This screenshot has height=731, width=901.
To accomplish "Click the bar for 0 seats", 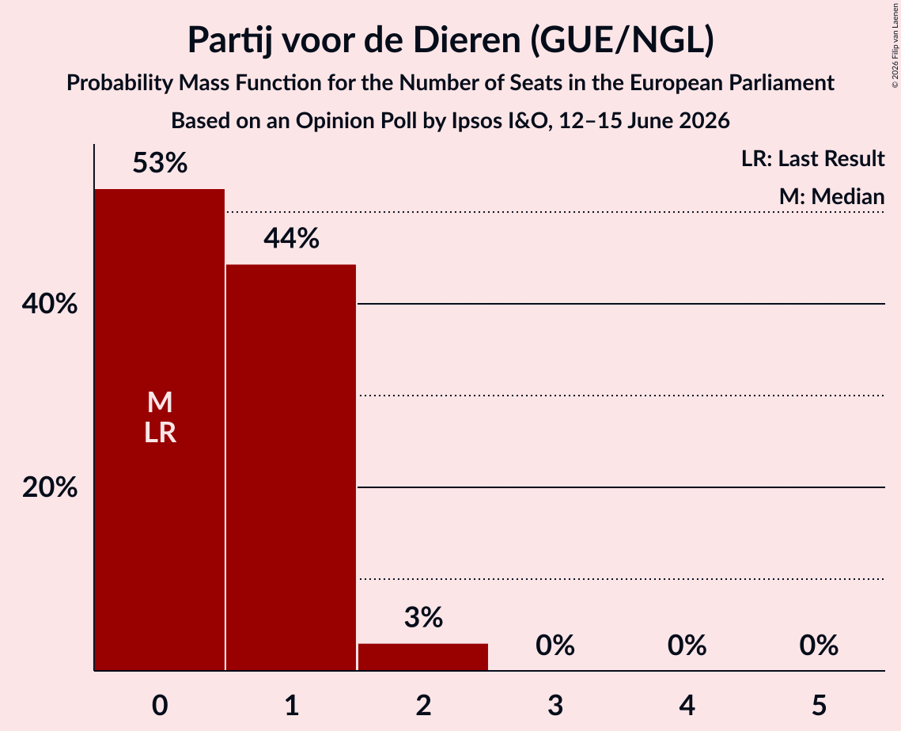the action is (x=160, y=430).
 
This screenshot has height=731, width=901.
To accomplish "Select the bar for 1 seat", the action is (x=291, y=468).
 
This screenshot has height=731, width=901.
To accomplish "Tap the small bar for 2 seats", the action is (x=423, y=657).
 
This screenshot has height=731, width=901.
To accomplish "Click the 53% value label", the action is (x=160, y=163).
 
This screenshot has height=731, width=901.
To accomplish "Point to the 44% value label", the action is (x=291, y=238).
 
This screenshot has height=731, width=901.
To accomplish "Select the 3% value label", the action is (x=423, y=617).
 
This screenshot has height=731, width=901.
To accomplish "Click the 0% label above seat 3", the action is (x=555, y=646).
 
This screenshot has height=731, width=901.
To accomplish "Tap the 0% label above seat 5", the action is (x=819, y=646).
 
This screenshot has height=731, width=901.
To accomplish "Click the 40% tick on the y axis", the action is (x=50, y=304).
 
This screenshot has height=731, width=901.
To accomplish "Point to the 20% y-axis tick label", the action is (x=50, y=487).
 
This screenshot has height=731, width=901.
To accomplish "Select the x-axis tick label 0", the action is (x=160, y=705).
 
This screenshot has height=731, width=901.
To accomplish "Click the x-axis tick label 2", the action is (x=423, y=705).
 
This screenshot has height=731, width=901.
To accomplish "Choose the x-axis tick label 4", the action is (x=687, y=705).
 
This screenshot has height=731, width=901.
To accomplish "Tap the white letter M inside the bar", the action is (x=160, y=402).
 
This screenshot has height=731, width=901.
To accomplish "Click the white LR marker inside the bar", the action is (x=160, y=433).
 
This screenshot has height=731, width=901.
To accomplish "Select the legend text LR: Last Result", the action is (x=812, y=158).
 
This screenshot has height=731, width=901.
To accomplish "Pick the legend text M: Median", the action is (x=831, y=196).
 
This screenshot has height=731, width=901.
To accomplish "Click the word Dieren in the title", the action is (x=467, y=40).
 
